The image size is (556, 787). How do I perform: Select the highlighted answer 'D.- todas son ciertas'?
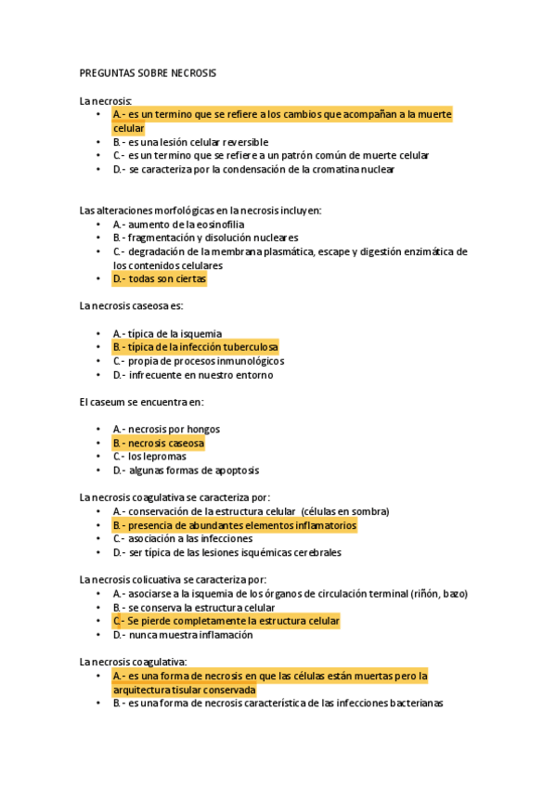(160, 278)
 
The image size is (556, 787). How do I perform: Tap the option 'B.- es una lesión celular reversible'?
(190, 142)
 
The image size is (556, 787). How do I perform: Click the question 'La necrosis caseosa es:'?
(131, 305)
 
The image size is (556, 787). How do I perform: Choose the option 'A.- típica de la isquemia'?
(167, 333)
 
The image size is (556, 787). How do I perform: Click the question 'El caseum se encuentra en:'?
(141, 402)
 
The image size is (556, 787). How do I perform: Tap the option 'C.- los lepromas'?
(149, 457)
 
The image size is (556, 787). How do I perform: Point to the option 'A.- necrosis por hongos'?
(166, 429)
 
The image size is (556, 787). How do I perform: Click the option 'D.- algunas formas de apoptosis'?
(186, 471)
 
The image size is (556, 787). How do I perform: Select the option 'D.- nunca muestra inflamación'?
(183, 635)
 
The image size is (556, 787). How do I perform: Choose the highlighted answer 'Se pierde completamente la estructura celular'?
(226, 621)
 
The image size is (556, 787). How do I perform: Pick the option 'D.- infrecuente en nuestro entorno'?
(193, 375)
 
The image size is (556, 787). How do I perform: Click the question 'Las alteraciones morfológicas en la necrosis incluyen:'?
(200, 210)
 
